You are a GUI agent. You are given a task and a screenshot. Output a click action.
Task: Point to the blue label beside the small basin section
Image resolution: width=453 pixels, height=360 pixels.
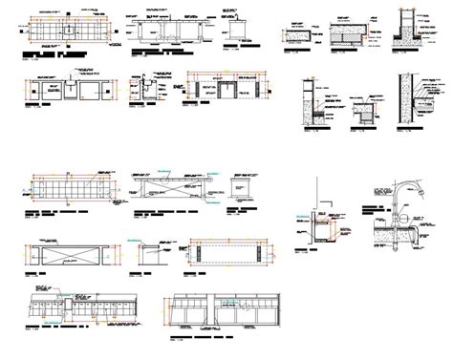(x=304, y=218)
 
